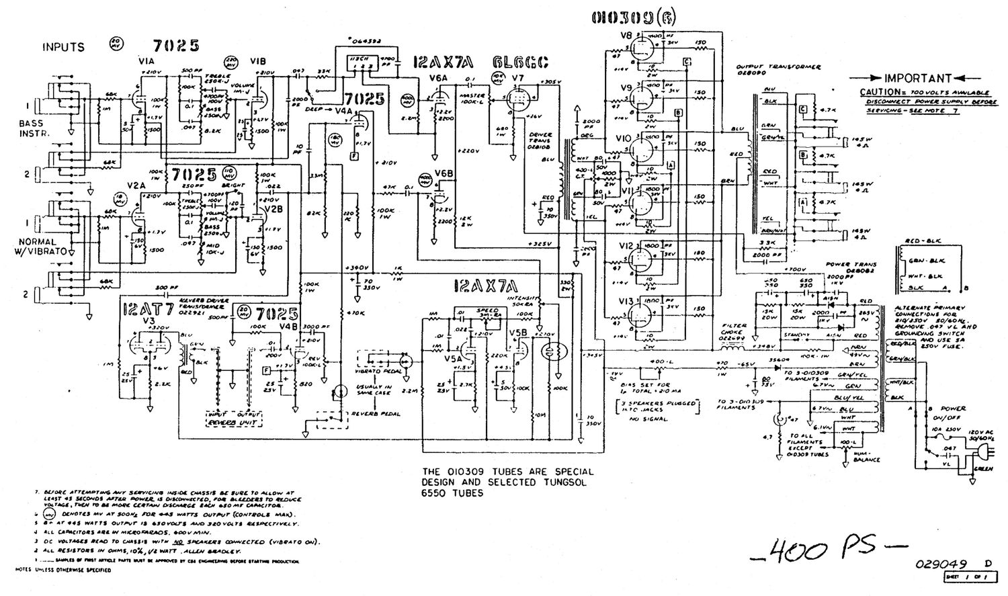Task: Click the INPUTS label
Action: coord(64,47)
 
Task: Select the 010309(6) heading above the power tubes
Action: coord(634,18)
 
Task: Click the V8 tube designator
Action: coord(626,36)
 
